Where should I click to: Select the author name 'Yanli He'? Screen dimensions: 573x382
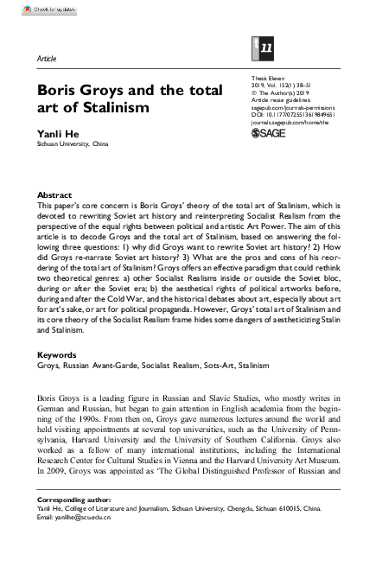[55, 134]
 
